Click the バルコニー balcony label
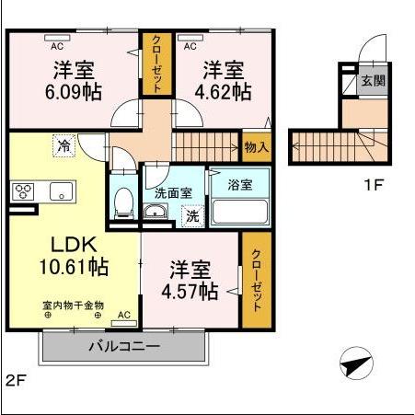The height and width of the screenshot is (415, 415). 124,347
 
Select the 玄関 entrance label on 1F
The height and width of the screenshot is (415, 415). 373,80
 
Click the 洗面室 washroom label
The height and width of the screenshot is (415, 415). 173,193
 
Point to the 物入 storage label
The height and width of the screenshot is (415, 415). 256,146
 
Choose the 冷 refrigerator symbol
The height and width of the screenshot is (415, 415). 63,144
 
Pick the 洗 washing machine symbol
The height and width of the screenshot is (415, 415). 192,217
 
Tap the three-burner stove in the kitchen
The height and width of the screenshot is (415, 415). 23,192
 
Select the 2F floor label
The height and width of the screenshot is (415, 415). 16,380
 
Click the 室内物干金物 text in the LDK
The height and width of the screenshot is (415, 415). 73,305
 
